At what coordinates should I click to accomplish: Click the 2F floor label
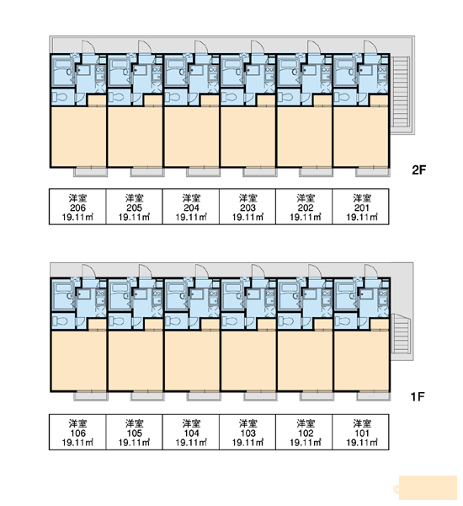coord(419,170)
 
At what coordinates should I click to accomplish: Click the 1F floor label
coord(418,396)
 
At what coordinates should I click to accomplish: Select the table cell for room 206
coord(77,207)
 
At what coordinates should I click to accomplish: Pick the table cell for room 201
coord(360,207)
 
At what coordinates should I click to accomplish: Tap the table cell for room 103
coord(247,432)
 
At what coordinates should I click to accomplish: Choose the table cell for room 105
coord(135,432)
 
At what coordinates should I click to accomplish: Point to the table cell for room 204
coord(191,207)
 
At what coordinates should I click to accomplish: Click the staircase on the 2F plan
coord(401,93)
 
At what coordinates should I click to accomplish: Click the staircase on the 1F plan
coord(400,334)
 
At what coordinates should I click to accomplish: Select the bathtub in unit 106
coord(63,295)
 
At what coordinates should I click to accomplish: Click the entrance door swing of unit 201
coord(371,47)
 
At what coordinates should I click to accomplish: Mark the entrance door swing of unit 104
coord(202,271)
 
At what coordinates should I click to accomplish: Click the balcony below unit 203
coord(260,172)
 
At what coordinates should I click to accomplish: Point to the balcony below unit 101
coord(374,396)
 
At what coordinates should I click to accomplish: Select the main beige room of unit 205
coord(135,136)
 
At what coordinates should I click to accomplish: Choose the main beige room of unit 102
coord(305,360)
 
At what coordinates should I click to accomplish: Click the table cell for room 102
coord(304,432)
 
